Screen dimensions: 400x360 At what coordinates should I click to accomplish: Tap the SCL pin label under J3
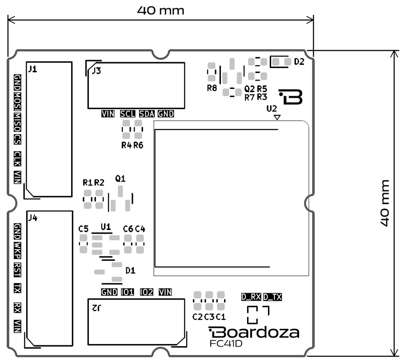point(127,114)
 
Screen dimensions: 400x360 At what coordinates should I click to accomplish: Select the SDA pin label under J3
point(147,114)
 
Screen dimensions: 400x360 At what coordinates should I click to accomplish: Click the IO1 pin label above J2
point(127,292)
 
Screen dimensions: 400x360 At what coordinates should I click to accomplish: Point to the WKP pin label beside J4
point(17,251)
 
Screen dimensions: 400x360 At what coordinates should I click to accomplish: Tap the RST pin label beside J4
point(17,270)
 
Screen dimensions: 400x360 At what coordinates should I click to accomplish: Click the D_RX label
point(251,297)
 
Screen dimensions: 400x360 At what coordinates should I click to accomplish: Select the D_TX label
point(272,297)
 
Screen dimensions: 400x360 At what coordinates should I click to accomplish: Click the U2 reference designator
point(272,109)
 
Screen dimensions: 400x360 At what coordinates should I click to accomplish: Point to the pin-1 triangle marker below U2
point(277,117)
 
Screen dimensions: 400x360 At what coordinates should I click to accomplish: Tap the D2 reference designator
point(299,62)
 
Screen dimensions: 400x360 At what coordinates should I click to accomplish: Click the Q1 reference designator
point(120,178)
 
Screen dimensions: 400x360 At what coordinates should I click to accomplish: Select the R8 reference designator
point(212,88)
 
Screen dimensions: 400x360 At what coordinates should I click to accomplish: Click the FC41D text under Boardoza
point(226,344)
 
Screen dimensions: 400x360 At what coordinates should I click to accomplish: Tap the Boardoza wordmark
point(254,332)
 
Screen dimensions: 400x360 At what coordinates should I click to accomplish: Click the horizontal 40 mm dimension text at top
point(161,11)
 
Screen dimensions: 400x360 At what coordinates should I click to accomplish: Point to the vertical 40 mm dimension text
point(385,203)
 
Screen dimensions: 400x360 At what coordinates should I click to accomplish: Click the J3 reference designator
point(96,71)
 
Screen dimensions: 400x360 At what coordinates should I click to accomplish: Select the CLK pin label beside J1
point(17,159)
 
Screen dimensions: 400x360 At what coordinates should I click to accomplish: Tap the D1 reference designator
point(130,270)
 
